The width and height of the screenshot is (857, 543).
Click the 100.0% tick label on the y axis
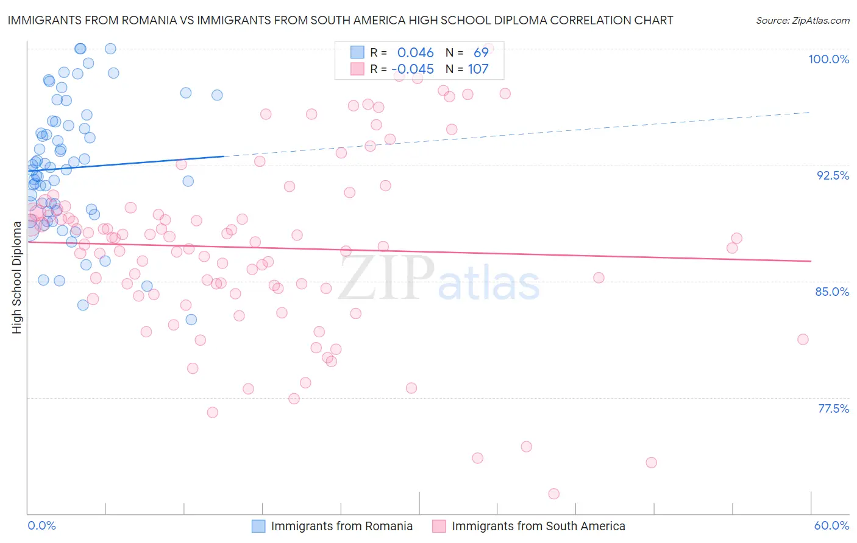click(828, 59)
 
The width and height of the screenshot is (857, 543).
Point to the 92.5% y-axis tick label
click(833, 175)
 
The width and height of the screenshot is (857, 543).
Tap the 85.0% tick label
click(832, 292)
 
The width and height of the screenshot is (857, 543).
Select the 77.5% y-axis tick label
click(833, 408)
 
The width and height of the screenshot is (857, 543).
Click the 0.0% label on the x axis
click(42, 525)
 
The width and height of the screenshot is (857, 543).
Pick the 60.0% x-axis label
click(831, 525)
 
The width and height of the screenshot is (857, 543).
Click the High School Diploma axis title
click(17, 277)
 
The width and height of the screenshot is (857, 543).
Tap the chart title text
click(340, 20)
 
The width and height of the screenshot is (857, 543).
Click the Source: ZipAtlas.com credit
click(802, 21)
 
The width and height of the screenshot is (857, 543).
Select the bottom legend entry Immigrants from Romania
click(341, 526)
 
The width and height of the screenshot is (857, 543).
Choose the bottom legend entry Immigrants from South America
click(538, 526)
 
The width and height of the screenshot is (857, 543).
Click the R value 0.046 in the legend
click(415, 53)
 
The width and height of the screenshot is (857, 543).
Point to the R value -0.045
click(413, 69)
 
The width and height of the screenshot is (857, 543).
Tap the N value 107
click(478, 69)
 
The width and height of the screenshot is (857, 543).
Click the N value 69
click(481, 53)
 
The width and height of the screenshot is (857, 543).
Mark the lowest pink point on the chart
click(554, 494)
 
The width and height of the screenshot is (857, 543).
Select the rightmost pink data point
click(803, 339)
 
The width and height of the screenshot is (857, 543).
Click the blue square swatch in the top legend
click(357, 52)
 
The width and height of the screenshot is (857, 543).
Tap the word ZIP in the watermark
click(386, 278)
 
